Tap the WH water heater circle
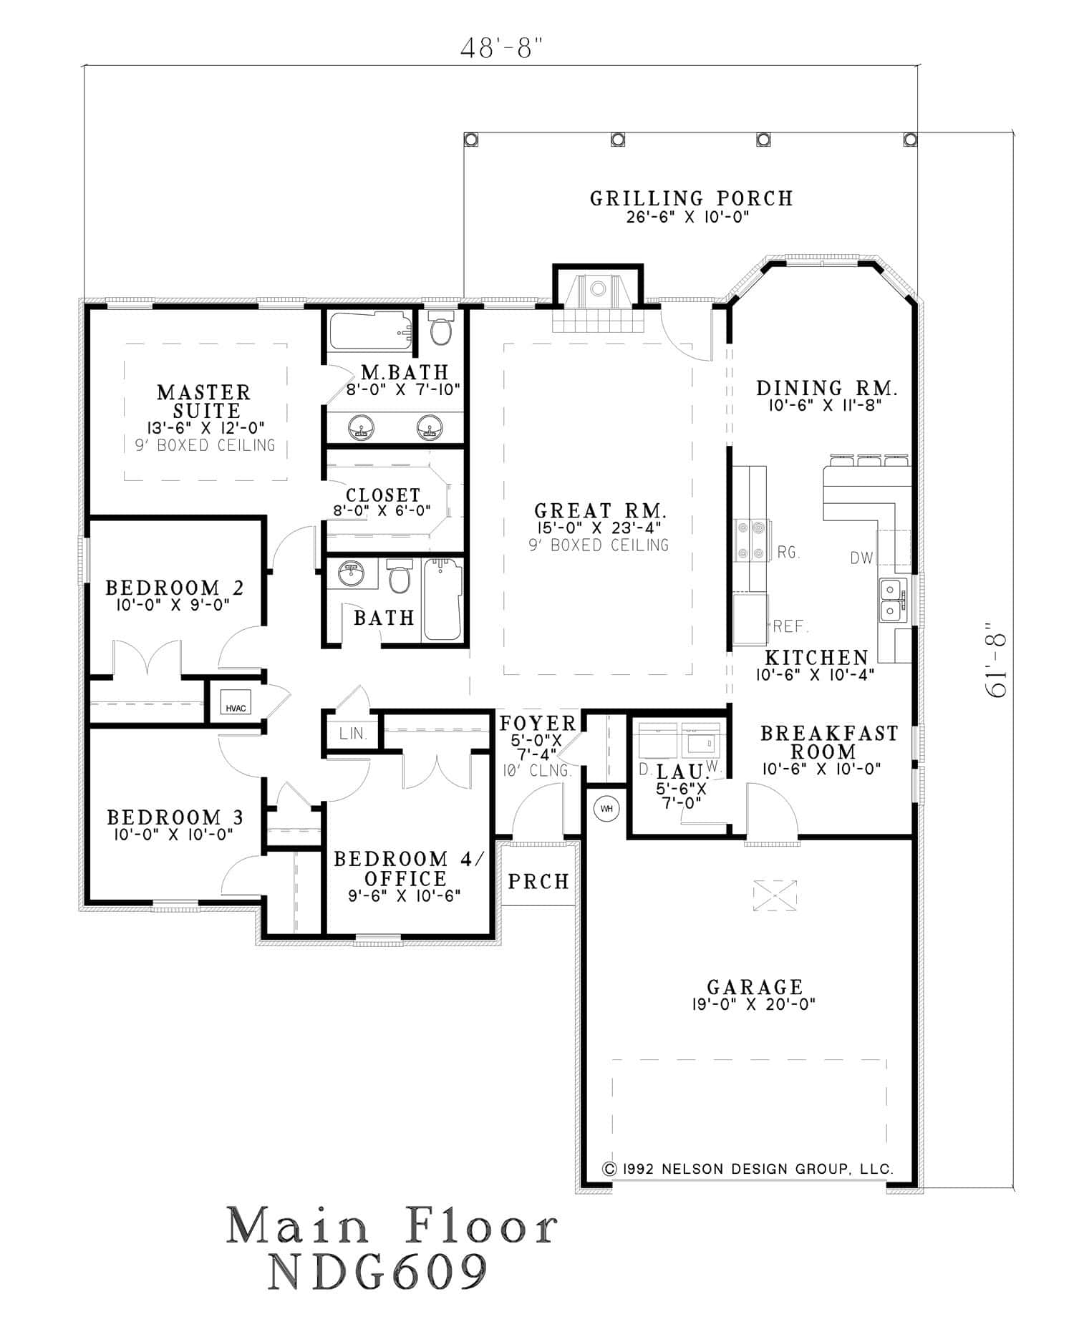click(606, 809)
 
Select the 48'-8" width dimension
click(500, 48)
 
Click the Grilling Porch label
click(691, 198)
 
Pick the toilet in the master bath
click(440, 331)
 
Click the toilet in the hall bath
click(400, 578)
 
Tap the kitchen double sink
click(891, 600)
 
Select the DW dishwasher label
click(861, 558)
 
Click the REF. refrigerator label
click(790, 627)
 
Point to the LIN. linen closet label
click(353, 734)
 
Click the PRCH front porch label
click(538, 881)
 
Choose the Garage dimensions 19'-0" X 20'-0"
click(753, 1004)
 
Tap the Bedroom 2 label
click(175, 588)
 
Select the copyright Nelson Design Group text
click(748, 1169)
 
